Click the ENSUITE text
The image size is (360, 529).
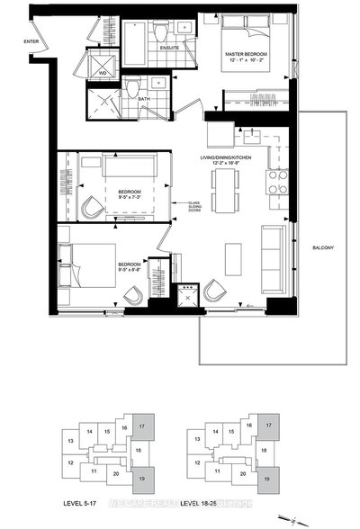(168, 48)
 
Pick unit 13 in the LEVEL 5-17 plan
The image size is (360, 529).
(68, 442)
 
